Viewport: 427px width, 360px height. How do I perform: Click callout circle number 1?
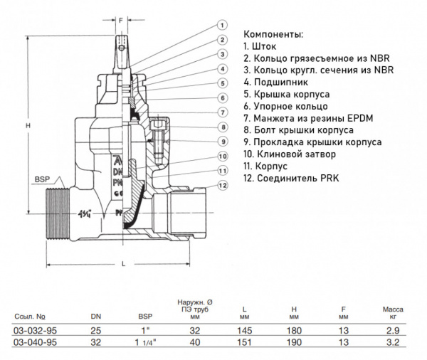point(223,26)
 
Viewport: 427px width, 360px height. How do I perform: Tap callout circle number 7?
point(223,112)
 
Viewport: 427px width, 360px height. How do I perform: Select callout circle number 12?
point(223,186)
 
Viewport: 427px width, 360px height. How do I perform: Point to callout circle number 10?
point(223,156)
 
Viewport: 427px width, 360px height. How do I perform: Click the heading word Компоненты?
point(273,33)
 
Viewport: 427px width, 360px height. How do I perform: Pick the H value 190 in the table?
point(294,343)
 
